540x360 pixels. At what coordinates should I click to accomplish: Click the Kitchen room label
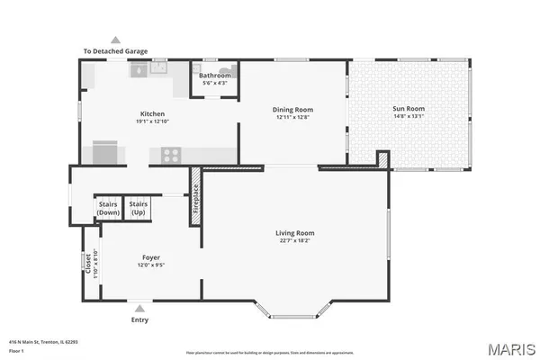click(x=150, y=114)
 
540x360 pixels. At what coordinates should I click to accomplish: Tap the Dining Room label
click(x=292, y=110)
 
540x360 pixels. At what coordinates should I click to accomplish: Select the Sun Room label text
click(x=408, y=108)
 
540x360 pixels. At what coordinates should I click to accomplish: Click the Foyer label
click(x=150, y=257)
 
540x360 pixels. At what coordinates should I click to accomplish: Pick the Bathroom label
click(x=215, y=76)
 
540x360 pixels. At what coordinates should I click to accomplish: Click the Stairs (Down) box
click(x=108, y=209)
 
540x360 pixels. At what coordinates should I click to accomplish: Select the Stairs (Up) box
click(x=139, y=209)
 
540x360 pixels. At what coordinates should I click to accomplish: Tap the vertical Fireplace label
click(x=194, y=204)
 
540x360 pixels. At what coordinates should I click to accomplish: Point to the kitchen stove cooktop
click(x=168, y=155)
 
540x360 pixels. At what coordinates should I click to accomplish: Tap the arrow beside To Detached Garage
click(x=115, y=40)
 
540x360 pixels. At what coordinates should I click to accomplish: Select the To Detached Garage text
click(x=115, y=51)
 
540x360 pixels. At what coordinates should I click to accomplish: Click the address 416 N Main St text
click(x=42, y=342)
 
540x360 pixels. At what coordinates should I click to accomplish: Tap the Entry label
click(x=139, y=319)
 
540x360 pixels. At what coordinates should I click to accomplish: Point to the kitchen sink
click(x=158, y=67)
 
